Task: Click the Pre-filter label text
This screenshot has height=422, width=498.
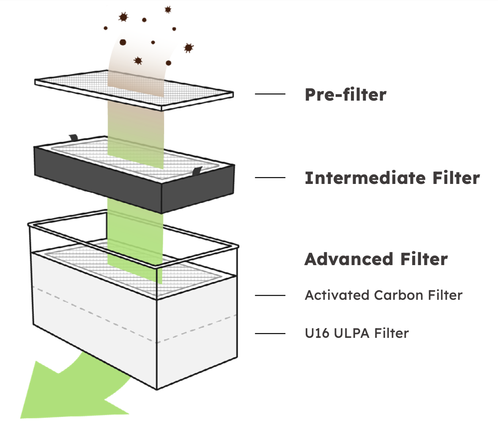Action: click(345, 95)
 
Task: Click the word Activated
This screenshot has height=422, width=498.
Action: click(336, 295)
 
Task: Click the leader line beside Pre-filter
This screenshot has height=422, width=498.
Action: click(270, 94)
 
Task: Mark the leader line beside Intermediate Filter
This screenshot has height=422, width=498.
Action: click(270, 178)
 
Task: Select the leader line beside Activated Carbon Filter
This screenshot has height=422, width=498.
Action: click(270, 295)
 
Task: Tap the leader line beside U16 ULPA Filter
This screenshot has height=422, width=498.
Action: click(270, 333)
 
